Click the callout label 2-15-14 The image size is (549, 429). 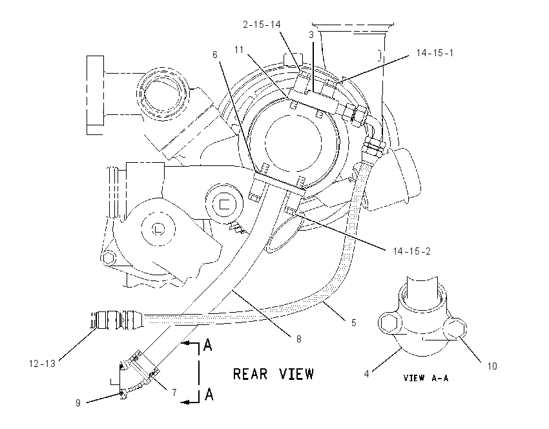(x=262, y=25)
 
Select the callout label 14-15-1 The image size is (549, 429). (x=435, y=53)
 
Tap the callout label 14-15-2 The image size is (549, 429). (x=411, y=251)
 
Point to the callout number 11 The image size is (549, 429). (x=239, y=50)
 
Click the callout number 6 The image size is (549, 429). (x=215, y=55)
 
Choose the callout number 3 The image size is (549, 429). (x=311, y=35)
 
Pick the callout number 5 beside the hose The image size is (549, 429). (x=354, y=322)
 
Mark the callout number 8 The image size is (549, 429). (x=298, y=339)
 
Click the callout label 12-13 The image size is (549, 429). (x=42, y=364)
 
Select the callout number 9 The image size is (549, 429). (x=78, y=403)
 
